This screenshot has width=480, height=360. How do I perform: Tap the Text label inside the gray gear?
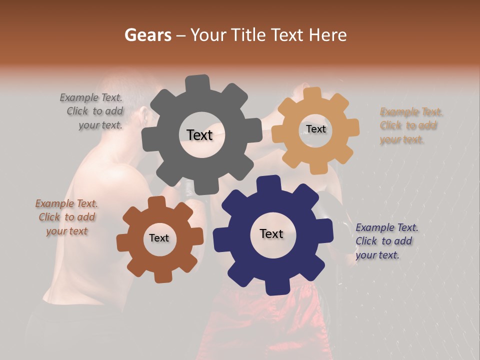coord(199,135)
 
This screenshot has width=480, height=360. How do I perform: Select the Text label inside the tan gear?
coord(315,129)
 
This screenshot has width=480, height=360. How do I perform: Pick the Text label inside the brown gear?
coord(159,238)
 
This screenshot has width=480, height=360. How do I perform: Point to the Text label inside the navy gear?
coord(271,233)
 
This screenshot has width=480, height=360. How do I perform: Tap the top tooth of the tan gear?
coord(312,93)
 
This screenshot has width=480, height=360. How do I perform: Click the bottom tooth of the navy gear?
coord(273,287)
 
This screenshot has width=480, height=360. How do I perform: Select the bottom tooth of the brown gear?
coord(161,275)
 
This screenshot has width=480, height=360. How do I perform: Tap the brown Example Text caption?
coord(66,217)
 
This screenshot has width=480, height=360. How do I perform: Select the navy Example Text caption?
coord(386,241)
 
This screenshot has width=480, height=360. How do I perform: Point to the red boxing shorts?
coord(260,320)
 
